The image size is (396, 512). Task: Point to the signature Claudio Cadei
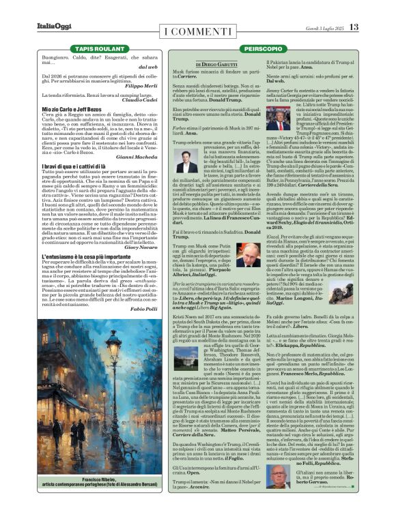pos(145,100)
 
